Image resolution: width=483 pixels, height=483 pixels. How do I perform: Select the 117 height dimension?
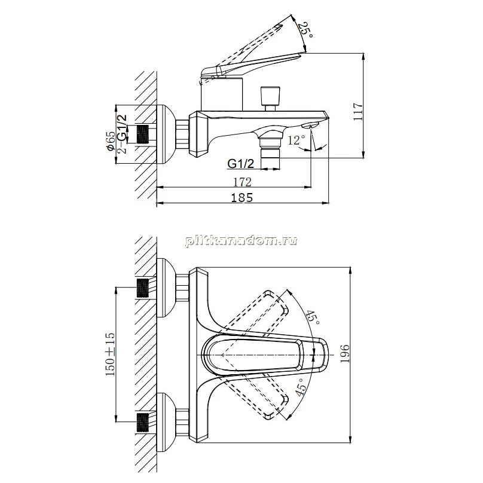pyautogui.click(x=357, y=112)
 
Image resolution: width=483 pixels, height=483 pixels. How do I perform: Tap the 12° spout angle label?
pyautogui.click(x=296, y=140)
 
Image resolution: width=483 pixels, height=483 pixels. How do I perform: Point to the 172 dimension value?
pyautogui.click(x=242, y=182)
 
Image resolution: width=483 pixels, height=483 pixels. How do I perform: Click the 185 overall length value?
pyautogui.click(x=242, y=197)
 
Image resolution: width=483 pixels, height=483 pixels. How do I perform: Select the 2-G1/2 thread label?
pyautogui.click(x=123, y=134)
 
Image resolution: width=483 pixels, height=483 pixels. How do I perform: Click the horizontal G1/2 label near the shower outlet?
pyautogui.click(x=241, y=164)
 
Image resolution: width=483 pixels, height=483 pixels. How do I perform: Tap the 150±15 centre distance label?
pyautogui.click(x=110, y=354)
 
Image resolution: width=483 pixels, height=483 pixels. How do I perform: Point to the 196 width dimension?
pyautogui.click(x=345, y=354)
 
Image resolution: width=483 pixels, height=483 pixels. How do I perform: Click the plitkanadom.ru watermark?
pyautogui.click(x=241, y=240)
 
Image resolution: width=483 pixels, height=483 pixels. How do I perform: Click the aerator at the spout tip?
pyautogui.click(x=310, y=126)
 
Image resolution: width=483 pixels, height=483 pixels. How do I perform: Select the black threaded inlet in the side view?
pyautogui.click(x=143, y=134)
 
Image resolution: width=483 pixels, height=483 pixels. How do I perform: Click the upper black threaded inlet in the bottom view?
pyautogui.click(x=143, y=288)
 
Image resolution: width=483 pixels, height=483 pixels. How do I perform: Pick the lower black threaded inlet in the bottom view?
pyautogui.click(x=143, y=422)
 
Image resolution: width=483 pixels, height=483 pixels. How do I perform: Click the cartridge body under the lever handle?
pyautogui.click(x=222, y=94)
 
